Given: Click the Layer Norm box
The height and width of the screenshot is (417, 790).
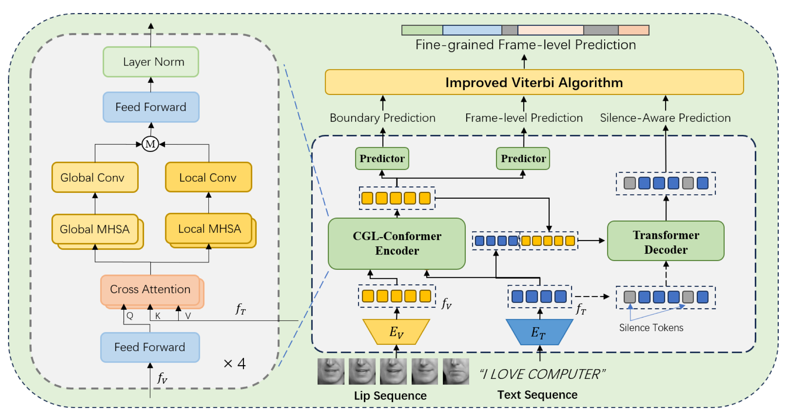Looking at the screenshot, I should point(151,62).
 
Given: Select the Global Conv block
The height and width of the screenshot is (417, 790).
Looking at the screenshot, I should point(95,177).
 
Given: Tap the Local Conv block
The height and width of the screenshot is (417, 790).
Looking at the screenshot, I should point(208,177).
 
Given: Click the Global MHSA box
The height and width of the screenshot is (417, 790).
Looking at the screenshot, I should point(95,229).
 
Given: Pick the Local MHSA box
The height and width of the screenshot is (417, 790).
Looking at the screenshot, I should point(209,229).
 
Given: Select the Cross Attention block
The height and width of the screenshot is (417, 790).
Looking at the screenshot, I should point(150,289).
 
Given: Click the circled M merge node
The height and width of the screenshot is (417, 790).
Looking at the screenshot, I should point(150,144).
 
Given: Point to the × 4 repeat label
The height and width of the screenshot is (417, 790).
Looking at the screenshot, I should point(235,363).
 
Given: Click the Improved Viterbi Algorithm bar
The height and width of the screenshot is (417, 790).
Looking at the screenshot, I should point(534,82).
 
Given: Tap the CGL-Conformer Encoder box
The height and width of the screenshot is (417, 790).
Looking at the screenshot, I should point(396,243).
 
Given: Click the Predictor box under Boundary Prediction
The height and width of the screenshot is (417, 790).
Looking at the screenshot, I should point(382,158).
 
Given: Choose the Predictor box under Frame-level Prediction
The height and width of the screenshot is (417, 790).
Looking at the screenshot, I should point(523,158).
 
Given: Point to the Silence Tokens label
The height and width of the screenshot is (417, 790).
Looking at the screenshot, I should point(651,328).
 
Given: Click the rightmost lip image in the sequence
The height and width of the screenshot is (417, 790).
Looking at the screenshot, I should point(456,371).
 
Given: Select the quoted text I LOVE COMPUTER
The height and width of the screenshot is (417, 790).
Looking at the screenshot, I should point(542,374).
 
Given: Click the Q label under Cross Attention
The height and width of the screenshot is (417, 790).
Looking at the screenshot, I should point(130,316).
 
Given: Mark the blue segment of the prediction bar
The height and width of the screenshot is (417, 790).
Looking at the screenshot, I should point(472,30).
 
